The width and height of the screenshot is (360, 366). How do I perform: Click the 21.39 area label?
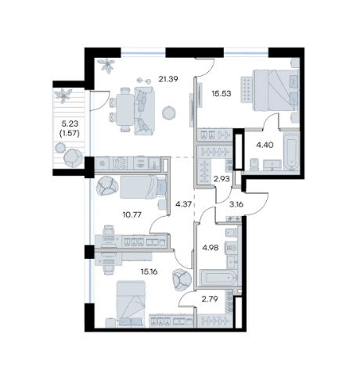coord(168,79)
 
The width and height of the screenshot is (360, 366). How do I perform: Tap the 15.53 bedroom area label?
coord(221,94)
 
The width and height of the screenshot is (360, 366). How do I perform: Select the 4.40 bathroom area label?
coord(265,145)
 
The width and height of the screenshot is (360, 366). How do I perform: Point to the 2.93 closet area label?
coord(221,179)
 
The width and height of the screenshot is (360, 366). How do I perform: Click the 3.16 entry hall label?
coord(236,204)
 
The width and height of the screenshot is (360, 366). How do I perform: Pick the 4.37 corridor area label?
coord(184,204)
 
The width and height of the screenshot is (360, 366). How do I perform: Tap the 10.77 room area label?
coord(132,215)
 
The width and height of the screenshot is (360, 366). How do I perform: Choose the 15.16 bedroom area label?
coord(149,272)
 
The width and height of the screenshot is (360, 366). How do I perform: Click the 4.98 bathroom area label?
coord(211,247)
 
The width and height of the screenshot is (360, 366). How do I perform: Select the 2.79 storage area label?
coord(210,299)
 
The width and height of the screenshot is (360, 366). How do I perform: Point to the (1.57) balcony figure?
coord(70,133)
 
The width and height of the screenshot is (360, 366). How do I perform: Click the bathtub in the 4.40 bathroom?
coord(291,152)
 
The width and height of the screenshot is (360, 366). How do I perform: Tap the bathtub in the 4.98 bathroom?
coord(218,278)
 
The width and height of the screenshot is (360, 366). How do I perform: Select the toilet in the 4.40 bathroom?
coord(254,164)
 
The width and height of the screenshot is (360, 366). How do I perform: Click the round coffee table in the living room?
coord(169,113)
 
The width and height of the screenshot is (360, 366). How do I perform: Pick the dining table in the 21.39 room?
coord(125,110)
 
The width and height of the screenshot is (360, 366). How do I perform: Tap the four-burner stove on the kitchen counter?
coord(121,163)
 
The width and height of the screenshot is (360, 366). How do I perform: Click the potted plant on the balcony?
coord(63,95)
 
